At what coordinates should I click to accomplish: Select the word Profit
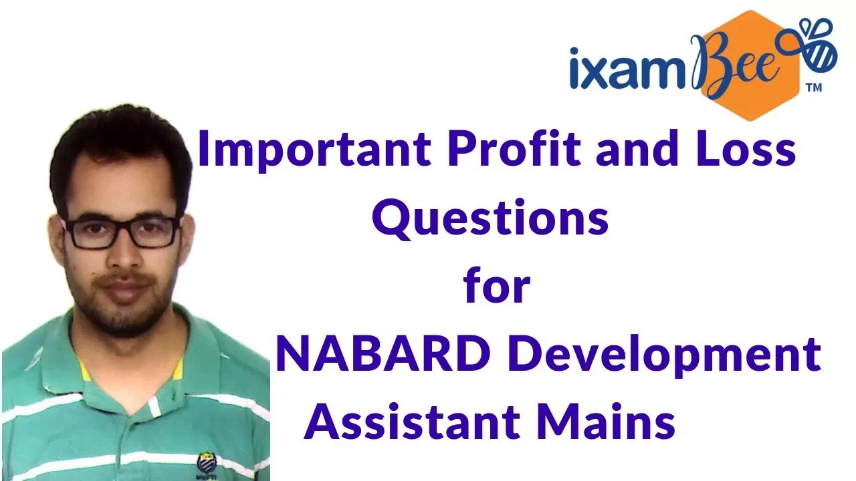coord(514,148)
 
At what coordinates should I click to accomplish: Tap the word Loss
coord(746,148)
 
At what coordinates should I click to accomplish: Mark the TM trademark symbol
coord(814,88)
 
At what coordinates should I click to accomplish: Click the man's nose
coord(123,253)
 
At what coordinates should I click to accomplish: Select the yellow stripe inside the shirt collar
coord(83,369)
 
